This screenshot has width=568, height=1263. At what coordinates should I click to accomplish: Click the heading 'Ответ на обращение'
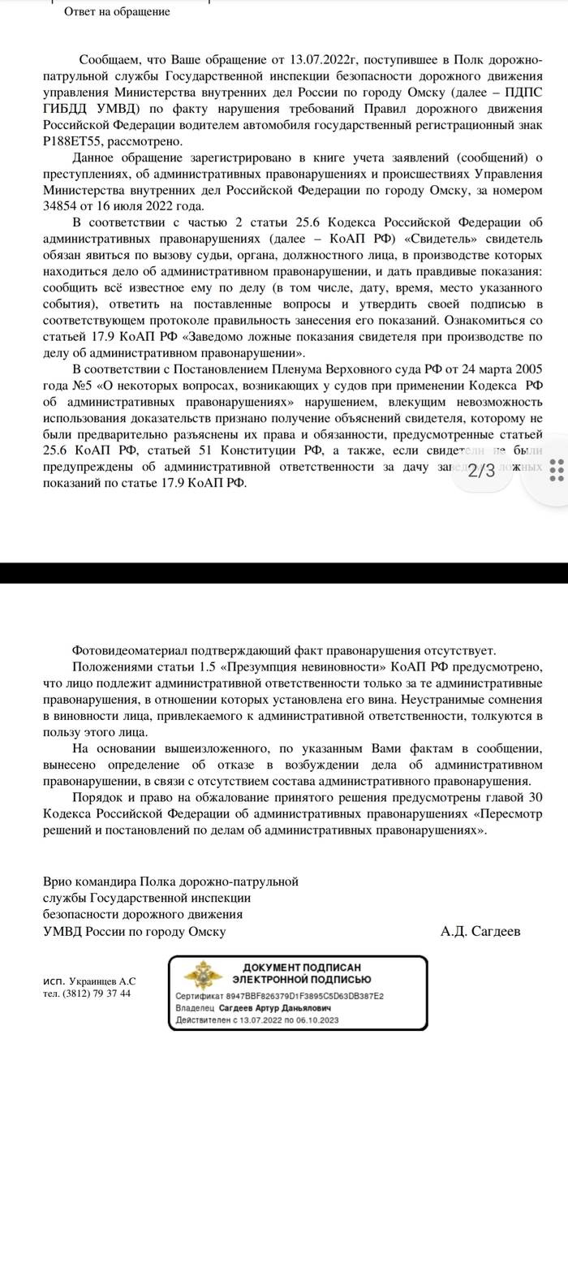(x=117, y=12)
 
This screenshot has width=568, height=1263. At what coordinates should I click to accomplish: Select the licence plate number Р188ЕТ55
(x=72, y=140)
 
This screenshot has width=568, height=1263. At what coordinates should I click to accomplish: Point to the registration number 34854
(x=61, y=206)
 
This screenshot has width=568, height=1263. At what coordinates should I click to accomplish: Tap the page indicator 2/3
(x=482, y=471)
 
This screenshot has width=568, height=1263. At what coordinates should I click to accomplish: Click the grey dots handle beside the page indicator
(x=557, y=471)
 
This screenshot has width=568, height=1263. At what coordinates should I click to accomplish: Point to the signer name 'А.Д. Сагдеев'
(x=480, y=931)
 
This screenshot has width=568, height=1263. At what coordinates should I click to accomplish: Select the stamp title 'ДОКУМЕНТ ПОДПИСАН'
(x=302, y=968)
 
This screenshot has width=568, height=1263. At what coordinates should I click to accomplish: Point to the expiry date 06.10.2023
(x=315, y=1019)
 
